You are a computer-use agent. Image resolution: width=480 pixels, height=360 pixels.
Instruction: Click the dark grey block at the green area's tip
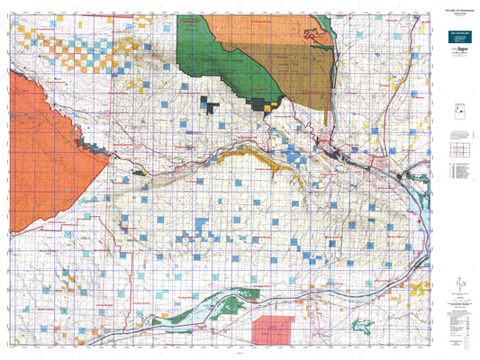[x=265, y=104]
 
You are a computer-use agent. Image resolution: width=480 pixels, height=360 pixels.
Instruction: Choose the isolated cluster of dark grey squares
[x=210, y=105]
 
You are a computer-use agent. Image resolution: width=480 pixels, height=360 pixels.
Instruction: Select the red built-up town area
[x=340, y=156]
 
